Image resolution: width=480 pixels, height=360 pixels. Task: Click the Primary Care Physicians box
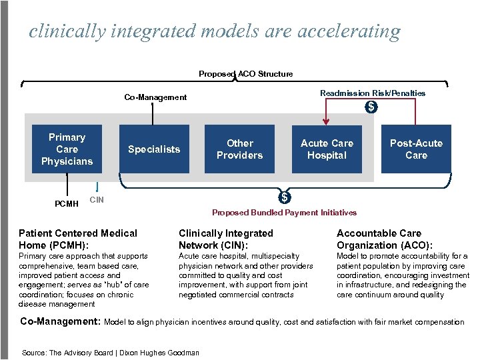pyautogui.click(x=67, y=149)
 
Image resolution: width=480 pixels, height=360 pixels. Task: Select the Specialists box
pyautogui.click(x=154, y=149)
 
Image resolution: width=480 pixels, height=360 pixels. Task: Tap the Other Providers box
pyautogui.click(x=240, y=149)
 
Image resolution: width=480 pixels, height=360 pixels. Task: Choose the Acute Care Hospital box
pyautogui.click(x=327, y=149)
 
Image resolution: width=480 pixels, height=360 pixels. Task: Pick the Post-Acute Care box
pyautogui.click(x=416, y=149)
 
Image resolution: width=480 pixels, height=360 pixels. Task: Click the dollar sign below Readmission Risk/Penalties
pyautogui.click(x=371, y=107)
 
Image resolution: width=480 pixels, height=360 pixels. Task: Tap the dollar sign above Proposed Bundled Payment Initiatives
pyautogui.click(x=285, y=197)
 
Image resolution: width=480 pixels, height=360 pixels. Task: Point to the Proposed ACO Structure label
pyautogui.click(x=245, y=74)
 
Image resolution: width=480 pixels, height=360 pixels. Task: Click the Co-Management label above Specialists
pyautogui.click(x=155, y=97)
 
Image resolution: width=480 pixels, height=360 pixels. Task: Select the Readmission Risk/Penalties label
pyautogui.click(x=373, y=93)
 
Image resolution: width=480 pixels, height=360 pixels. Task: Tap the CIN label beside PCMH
pyautogui.click(x=97, y=199)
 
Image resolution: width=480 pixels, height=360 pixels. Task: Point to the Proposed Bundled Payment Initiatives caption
pyautogui.click(x=284, y=213)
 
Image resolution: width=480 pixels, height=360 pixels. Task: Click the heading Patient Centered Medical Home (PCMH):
pyautogui.click(x=78, y=239)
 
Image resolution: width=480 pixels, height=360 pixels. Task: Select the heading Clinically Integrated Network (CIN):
pyautogui.click(x=226, y=239)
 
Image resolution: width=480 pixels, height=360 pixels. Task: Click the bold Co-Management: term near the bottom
pyautogui.click(x=60, y=321)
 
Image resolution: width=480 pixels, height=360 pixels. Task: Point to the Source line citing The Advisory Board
pyautogui.click(x=111, y=352)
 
